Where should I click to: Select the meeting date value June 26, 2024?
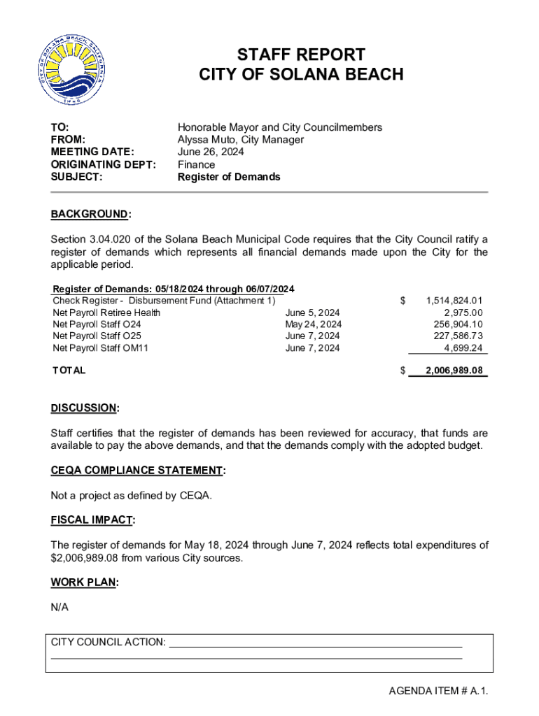(211, 152)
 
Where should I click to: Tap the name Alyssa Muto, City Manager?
(241, 140)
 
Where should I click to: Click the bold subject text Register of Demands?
(229, 177)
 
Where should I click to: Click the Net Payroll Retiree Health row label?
(106, 313)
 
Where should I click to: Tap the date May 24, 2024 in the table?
(313, 324)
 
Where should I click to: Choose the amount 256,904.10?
(458, 324)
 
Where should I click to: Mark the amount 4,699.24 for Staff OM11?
(463, 348)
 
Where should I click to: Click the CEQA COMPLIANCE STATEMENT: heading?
(138, 471)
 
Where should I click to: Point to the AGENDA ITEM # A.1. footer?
(438, 692)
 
